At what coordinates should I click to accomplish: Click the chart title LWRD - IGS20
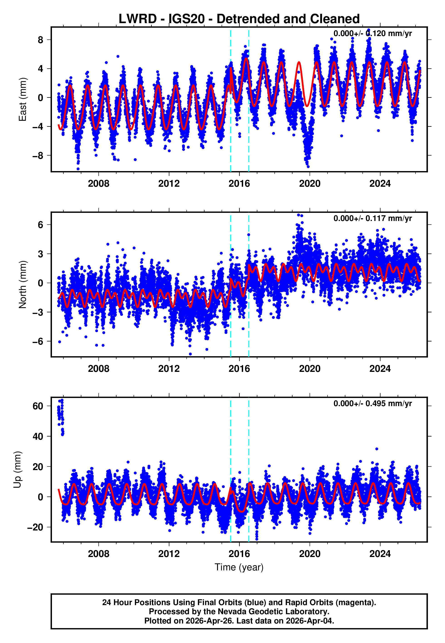(x=239, y=19)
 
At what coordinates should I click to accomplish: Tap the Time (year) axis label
(x=239, y=567)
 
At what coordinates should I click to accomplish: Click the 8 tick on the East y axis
(x=41, y=40)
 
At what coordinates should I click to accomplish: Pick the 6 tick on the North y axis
(x=41, y=225)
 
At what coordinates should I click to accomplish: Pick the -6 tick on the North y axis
(x=38, y=341)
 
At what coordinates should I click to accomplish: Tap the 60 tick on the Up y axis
(x=38, y=406)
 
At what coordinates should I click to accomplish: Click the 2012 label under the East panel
(x=169, y=184)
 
